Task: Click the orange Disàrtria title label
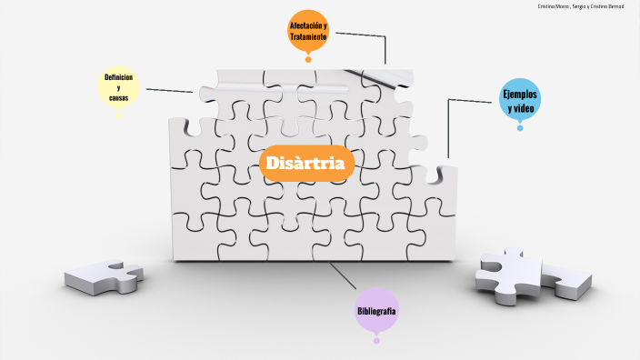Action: coord(306,164)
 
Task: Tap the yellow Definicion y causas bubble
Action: coord(118,86)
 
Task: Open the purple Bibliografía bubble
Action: coord(376,311)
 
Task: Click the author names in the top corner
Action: coord(581,6)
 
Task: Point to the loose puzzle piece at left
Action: coord(104,276)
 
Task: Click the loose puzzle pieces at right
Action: coord(532,276)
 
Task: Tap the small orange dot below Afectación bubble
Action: coord(308,60)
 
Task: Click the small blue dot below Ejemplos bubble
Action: coord(520,127)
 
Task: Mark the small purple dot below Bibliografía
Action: coord(376,341)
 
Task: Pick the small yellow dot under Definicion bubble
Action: coord(118,115)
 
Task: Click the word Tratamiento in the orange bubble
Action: coord(308,36)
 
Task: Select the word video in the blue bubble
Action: coord(521,108)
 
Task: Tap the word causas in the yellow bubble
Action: coord(118,96)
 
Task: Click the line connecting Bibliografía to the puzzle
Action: coord(344,276)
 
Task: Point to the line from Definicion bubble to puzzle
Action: coord(169,90)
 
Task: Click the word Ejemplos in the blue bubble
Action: coord(521,94)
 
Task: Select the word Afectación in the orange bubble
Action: coord(308,25)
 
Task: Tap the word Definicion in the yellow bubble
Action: coord(118,77)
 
